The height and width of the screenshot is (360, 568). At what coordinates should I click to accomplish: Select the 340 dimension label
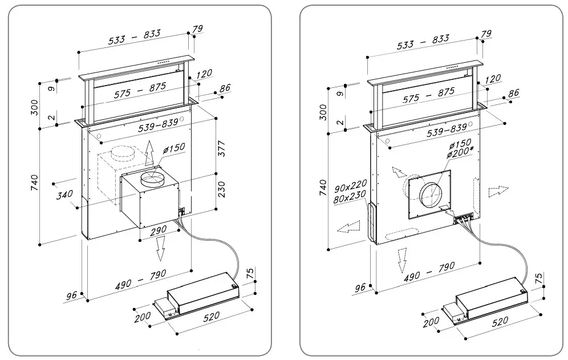[65, 196]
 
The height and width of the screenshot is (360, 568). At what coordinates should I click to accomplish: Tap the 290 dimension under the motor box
[158, 230]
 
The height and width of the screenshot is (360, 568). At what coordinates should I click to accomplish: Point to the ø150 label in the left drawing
[174, 148]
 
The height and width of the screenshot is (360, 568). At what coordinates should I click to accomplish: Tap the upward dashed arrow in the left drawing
[149, 153]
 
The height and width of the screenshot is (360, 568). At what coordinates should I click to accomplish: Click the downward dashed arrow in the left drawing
[161, 247]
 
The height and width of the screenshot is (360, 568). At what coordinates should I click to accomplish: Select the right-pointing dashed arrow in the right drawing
[497, 191]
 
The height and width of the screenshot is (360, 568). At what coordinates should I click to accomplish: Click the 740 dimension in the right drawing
[323, 187]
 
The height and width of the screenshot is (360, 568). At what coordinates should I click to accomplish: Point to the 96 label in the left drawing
[72, 296]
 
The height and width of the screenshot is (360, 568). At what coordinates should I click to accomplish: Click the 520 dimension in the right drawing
[499, 321]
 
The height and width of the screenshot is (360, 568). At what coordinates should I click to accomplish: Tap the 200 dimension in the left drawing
[143, 317]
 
